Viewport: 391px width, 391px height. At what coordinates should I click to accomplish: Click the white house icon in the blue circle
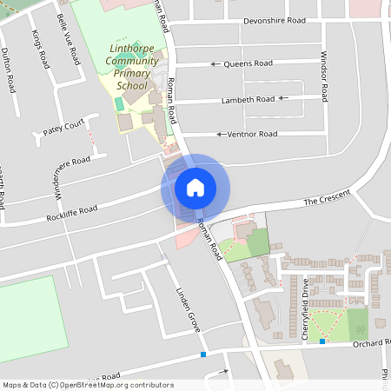(x=195, y=187)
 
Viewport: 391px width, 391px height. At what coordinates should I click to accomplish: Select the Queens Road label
(x=249, y=63)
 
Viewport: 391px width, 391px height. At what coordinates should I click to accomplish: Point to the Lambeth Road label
(x=248, y=99)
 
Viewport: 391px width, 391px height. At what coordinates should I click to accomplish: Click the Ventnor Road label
(x=252, y=134)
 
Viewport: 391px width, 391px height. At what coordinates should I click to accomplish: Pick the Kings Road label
(x=41, y=49)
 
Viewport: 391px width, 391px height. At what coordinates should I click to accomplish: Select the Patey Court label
(x=63, y=130)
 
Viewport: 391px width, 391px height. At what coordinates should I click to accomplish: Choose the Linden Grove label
(x=188, y=308)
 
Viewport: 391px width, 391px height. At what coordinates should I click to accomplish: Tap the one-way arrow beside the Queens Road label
(x=215, y=63)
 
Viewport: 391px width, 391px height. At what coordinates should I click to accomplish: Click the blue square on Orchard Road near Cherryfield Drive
(x=322, y=341)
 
